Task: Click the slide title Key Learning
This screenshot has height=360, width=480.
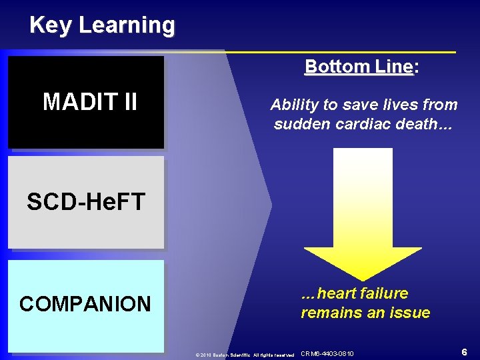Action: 102,25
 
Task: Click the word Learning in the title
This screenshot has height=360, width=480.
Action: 127,25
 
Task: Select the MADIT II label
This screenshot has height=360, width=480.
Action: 89,102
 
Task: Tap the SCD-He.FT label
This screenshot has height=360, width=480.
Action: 85,202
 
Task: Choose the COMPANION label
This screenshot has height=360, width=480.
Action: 85,304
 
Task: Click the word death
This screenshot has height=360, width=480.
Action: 413,124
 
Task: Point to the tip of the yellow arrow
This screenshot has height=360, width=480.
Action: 363,278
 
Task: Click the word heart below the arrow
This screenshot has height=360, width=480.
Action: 336,293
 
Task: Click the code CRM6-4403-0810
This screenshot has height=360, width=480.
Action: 327,353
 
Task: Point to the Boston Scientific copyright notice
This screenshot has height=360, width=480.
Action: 245,354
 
